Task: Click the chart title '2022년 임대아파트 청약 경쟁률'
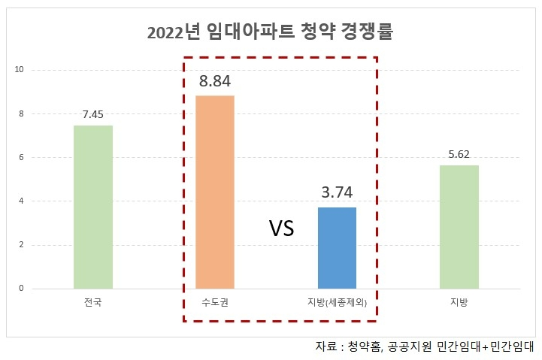coord(270,33)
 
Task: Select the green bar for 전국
coord(93,207)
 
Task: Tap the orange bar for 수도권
coord(215,192)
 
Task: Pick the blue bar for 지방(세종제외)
coord(337,248)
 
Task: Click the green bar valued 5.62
coord(459,227)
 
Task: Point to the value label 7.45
coord(93,114)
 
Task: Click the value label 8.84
coord(215,80)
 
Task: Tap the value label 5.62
coord(459,154)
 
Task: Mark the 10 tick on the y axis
coord(20,70)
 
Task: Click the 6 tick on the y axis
coord(21,158)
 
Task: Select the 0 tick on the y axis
coord(21,289)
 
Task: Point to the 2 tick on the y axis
coord(21,245)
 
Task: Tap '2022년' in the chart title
coord(170,33)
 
